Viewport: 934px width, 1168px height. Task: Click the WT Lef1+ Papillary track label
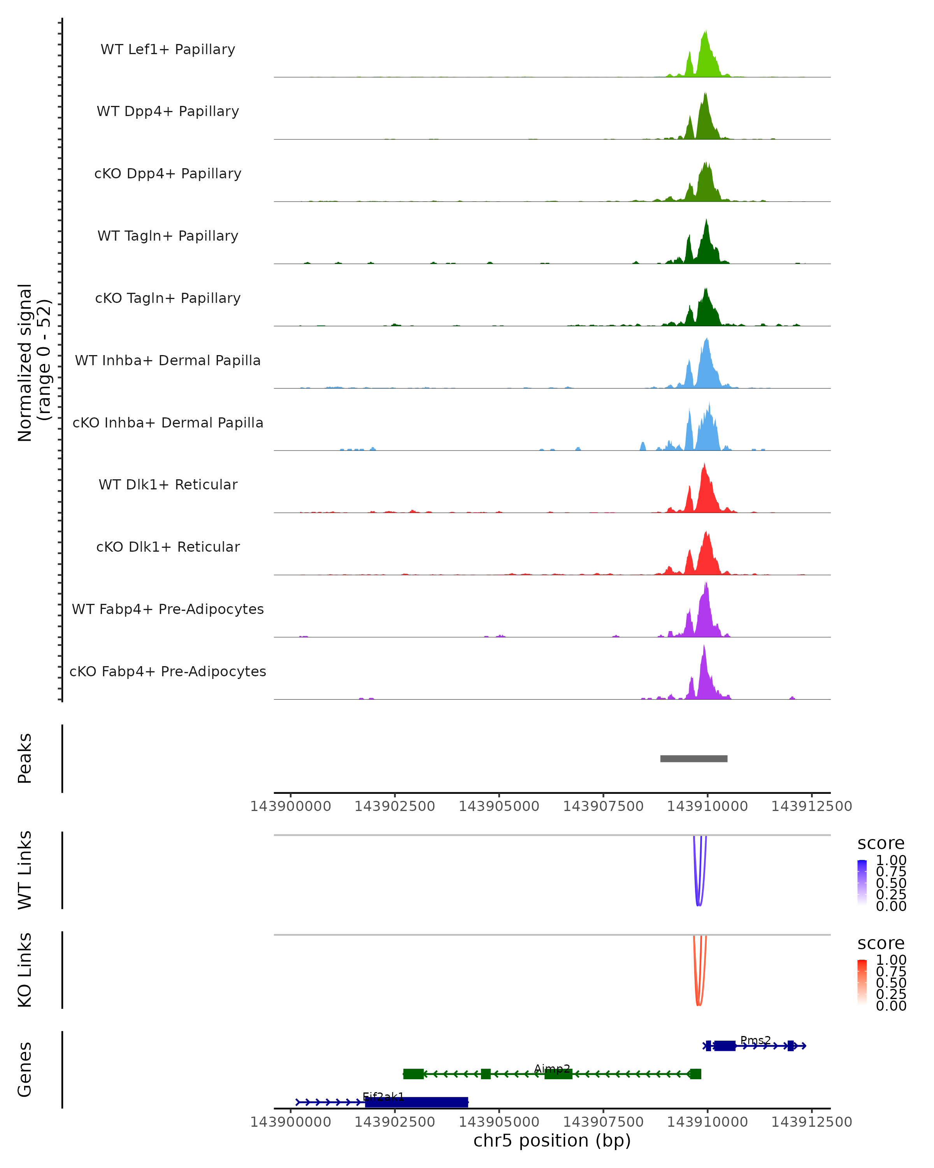168,49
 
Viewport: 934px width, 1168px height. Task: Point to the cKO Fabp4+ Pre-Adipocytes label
168,671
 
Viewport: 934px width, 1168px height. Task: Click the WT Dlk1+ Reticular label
168,484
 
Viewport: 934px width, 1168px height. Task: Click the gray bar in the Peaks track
693,758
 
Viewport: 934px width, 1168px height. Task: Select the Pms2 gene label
755,1040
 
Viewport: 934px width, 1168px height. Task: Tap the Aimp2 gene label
552,1068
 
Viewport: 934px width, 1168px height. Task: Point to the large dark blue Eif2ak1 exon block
416,1102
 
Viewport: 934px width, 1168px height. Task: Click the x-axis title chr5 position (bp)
552,1140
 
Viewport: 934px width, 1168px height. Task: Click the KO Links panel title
25,970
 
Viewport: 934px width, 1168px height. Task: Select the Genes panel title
25,1069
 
